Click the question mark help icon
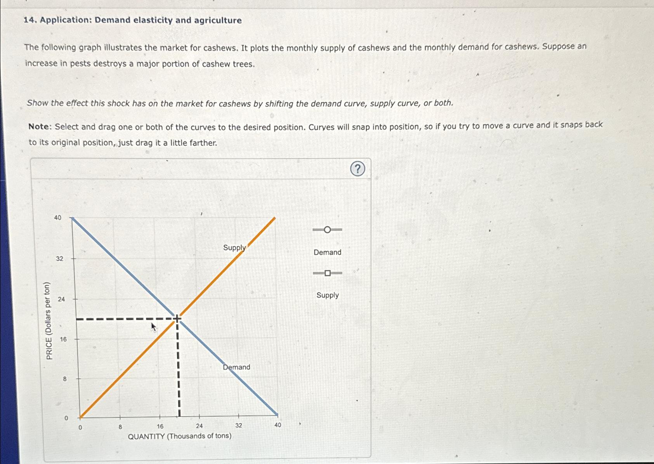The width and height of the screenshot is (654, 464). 357,169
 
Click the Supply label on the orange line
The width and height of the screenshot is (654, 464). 234,248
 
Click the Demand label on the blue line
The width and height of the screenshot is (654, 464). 236,367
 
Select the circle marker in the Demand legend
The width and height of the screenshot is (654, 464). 327,230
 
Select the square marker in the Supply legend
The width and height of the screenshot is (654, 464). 328,273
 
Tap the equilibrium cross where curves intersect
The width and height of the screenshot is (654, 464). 177,319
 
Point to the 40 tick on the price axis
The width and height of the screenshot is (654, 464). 58,218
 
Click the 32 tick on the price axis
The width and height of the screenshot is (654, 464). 59,258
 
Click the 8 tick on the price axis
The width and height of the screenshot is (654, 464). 65,379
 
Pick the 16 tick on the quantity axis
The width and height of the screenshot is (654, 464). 160,426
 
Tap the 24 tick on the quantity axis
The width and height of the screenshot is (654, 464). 199,426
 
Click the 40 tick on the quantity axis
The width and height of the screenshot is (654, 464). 278,425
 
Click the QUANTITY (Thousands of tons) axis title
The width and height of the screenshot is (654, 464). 180,436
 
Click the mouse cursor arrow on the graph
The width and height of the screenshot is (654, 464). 154,326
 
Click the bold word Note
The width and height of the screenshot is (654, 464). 39,127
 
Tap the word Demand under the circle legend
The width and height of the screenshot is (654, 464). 327,252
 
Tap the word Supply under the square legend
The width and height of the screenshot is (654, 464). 327,295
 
